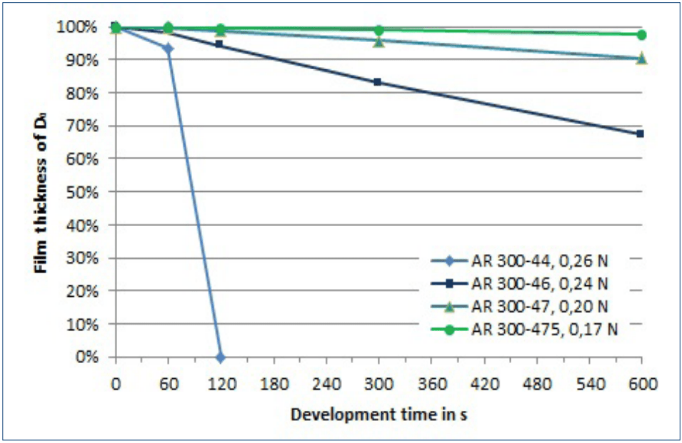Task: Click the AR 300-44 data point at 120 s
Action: coord(220,357)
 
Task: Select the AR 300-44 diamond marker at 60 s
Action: coord(168,49)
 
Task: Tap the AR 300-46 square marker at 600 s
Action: coord(640,133)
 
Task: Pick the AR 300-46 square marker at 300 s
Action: coord(378,82)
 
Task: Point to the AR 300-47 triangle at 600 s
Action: coord(641,58)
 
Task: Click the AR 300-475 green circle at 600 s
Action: coord(641,35)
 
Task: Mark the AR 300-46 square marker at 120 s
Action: coord(219,44)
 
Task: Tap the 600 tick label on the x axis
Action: coord(641,383)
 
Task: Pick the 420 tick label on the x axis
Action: coord(483,383)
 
